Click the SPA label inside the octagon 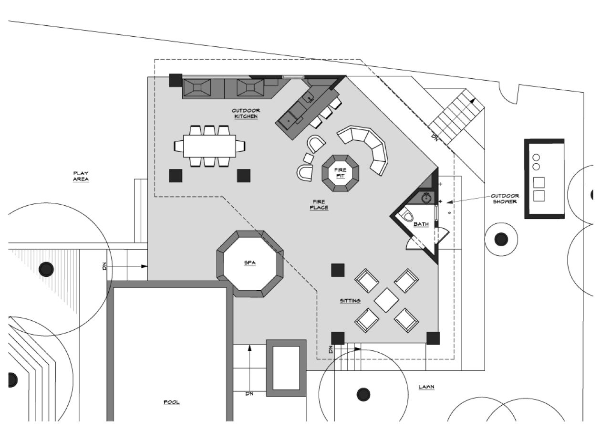pos(249,263)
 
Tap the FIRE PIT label pos(340,173)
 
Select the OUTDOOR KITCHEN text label pos(246,113)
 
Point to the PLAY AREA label pos(81,176)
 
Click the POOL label pos(172,402)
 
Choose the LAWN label pos(426,387)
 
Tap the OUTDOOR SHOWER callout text pos(505,199)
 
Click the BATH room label pos(421,224)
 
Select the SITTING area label pos(350,301)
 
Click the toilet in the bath pos(406,216)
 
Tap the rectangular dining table pos(209,146)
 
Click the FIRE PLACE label pos(319,205)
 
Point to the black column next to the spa pos(338,270)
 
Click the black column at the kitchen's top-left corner pos(175,80)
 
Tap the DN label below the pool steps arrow pos(249,394)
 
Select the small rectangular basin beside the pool pos(286,368)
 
